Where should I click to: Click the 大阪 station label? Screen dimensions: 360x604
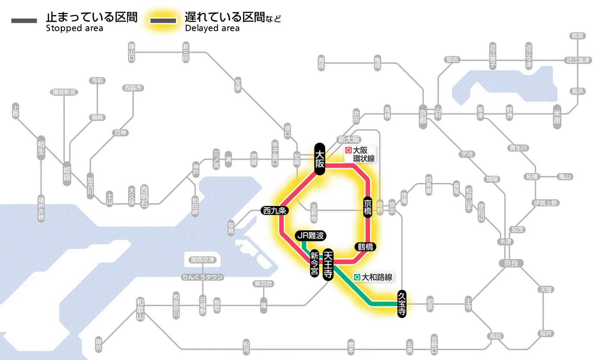tap(319, 159)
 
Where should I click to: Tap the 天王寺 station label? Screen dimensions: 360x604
tap(328, 264)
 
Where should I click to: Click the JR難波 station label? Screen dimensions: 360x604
tap(310, 236)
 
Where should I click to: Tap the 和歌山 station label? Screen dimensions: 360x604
tap(140, 309)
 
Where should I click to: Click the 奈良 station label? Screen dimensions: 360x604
tap(511, 263)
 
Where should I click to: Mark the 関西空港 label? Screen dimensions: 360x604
tap(205, 260)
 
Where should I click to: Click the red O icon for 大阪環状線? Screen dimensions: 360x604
tap(349, 151)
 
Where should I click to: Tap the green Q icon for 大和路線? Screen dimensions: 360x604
tap(357, 278)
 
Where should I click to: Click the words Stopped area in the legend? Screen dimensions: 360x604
tap(74, 28)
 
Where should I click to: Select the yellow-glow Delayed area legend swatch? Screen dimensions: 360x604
tap(163, 20)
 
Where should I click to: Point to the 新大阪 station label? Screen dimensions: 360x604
tap(349, 139)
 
